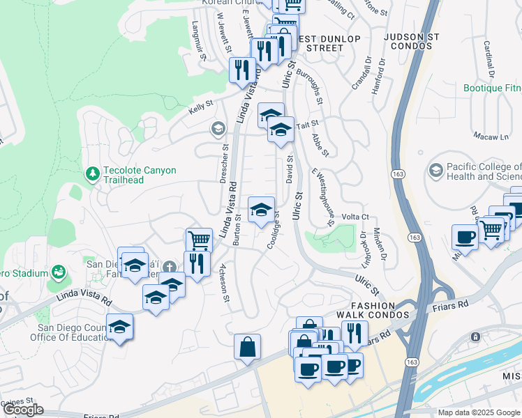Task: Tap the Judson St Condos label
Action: (412, 42)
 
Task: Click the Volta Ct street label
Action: (355, 217)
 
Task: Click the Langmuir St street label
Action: (199, 40)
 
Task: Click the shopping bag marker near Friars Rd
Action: (247, 347)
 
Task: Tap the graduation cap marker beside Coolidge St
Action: (261, 210)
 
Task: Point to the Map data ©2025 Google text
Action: (479, 412)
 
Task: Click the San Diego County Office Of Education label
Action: (73, 332)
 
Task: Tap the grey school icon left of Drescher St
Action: (218, 128)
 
